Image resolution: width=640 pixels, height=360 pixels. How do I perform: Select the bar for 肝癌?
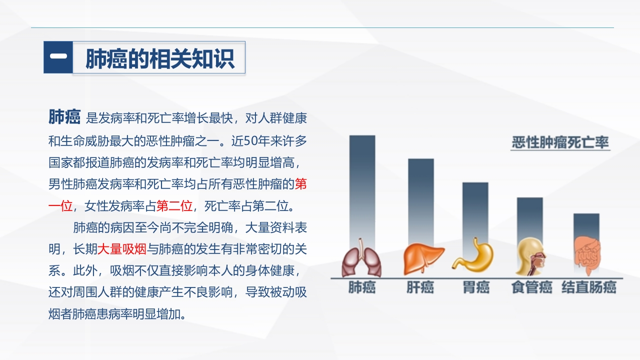pos(420,200)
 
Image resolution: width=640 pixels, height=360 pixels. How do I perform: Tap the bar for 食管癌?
pos(529,217)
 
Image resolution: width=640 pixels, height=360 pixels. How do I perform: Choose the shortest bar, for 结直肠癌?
pos(586,225)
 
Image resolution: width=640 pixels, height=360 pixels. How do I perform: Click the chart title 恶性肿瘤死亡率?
pos(560,143)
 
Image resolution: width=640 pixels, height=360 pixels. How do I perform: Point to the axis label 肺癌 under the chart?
pos(361,288)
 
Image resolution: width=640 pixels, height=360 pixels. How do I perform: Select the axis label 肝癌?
pos(420,288)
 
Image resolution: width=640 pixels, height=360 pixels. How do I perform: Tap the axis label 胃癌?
pos(476,288)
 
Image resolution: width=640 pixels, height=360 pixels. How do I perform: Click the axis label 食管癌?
pos(531,288)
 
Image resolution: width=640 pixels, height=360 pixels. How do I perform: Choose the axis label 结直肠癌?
pos(588,288)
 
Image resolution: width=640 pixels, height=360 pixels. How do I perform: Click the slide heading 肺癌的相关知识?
pos(159,58)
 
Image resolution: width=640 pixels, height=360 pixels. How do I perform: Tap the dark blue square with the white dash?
pos(58,57)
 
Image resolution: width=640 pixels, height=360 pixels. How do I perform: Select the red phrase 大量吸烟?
pos(121,248)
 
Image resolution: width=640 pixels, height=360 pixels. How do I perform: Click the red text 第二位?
pos(174,205)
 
